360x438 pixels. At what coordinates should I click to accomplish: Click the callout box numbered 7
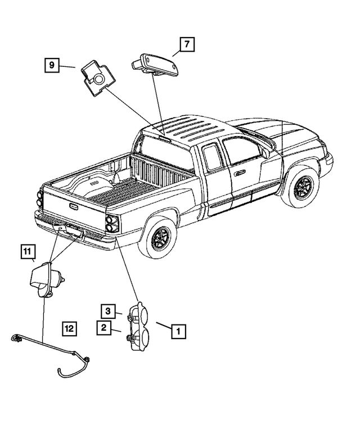click(x=187, y=44)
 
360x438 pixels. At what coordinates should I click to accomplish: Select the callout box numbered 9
click(x=52, y=66)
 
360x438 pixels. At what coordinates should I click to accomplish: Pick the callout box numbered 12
click(x=69, y=328)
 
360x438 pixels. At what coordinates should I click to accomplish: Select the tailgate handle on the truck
click(x=74, y=206)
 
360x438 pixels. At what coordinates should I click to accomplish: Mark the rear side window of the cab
click(x=213, y=157)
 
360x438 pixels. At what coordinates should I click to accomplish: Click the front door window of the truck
click(x=240, y=152)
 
